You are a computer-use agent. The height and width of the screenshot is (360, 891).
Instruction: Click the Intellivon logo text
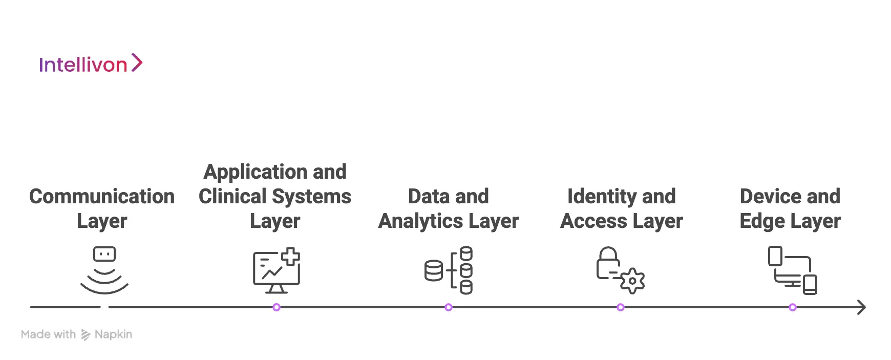point(83,65)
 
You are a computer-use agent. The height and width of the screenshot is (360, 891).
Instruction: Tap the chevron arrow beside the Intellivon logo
point(136,63)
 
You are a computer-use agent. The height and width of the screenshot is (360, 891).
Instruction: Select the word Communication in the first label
point(102,197)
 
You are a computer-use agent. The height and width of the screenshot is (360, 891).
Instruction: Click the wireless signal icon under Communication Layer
point(104,271)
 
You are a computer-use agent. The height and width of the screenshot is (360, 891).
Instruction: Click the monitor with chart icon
point(275,271)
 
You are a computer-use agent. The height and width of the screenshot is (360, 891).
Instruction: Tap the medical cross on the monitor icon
point(291,256)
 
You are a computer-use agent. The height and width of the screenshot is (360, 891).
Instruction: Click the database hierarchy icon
point(449,270)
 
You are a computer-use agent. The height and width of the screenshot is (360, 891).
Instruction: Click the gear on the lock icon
point(632,281)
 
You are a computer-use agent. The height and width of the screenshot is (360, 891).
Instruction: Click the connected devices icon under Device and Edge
point(792,270)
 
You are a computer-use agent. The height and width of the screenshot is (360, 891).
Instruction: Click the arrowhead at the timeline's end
point(862,307)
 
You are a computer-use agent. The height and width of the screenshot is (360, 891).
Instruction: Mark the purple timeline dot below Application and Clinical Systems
point(277,307)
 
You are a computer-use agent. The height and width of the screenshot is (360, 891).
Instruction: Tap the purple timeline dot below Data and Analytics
point(449,307)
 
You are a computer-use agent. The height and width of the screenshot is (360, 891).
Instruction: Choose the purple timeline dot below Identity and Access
point(621,307)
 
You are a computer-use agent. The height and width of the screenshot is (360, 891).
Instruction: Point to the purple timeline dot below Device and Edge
point(793,307)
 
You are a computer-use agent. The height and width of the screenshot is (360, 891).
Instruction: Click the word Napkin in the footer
point(113,334)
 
